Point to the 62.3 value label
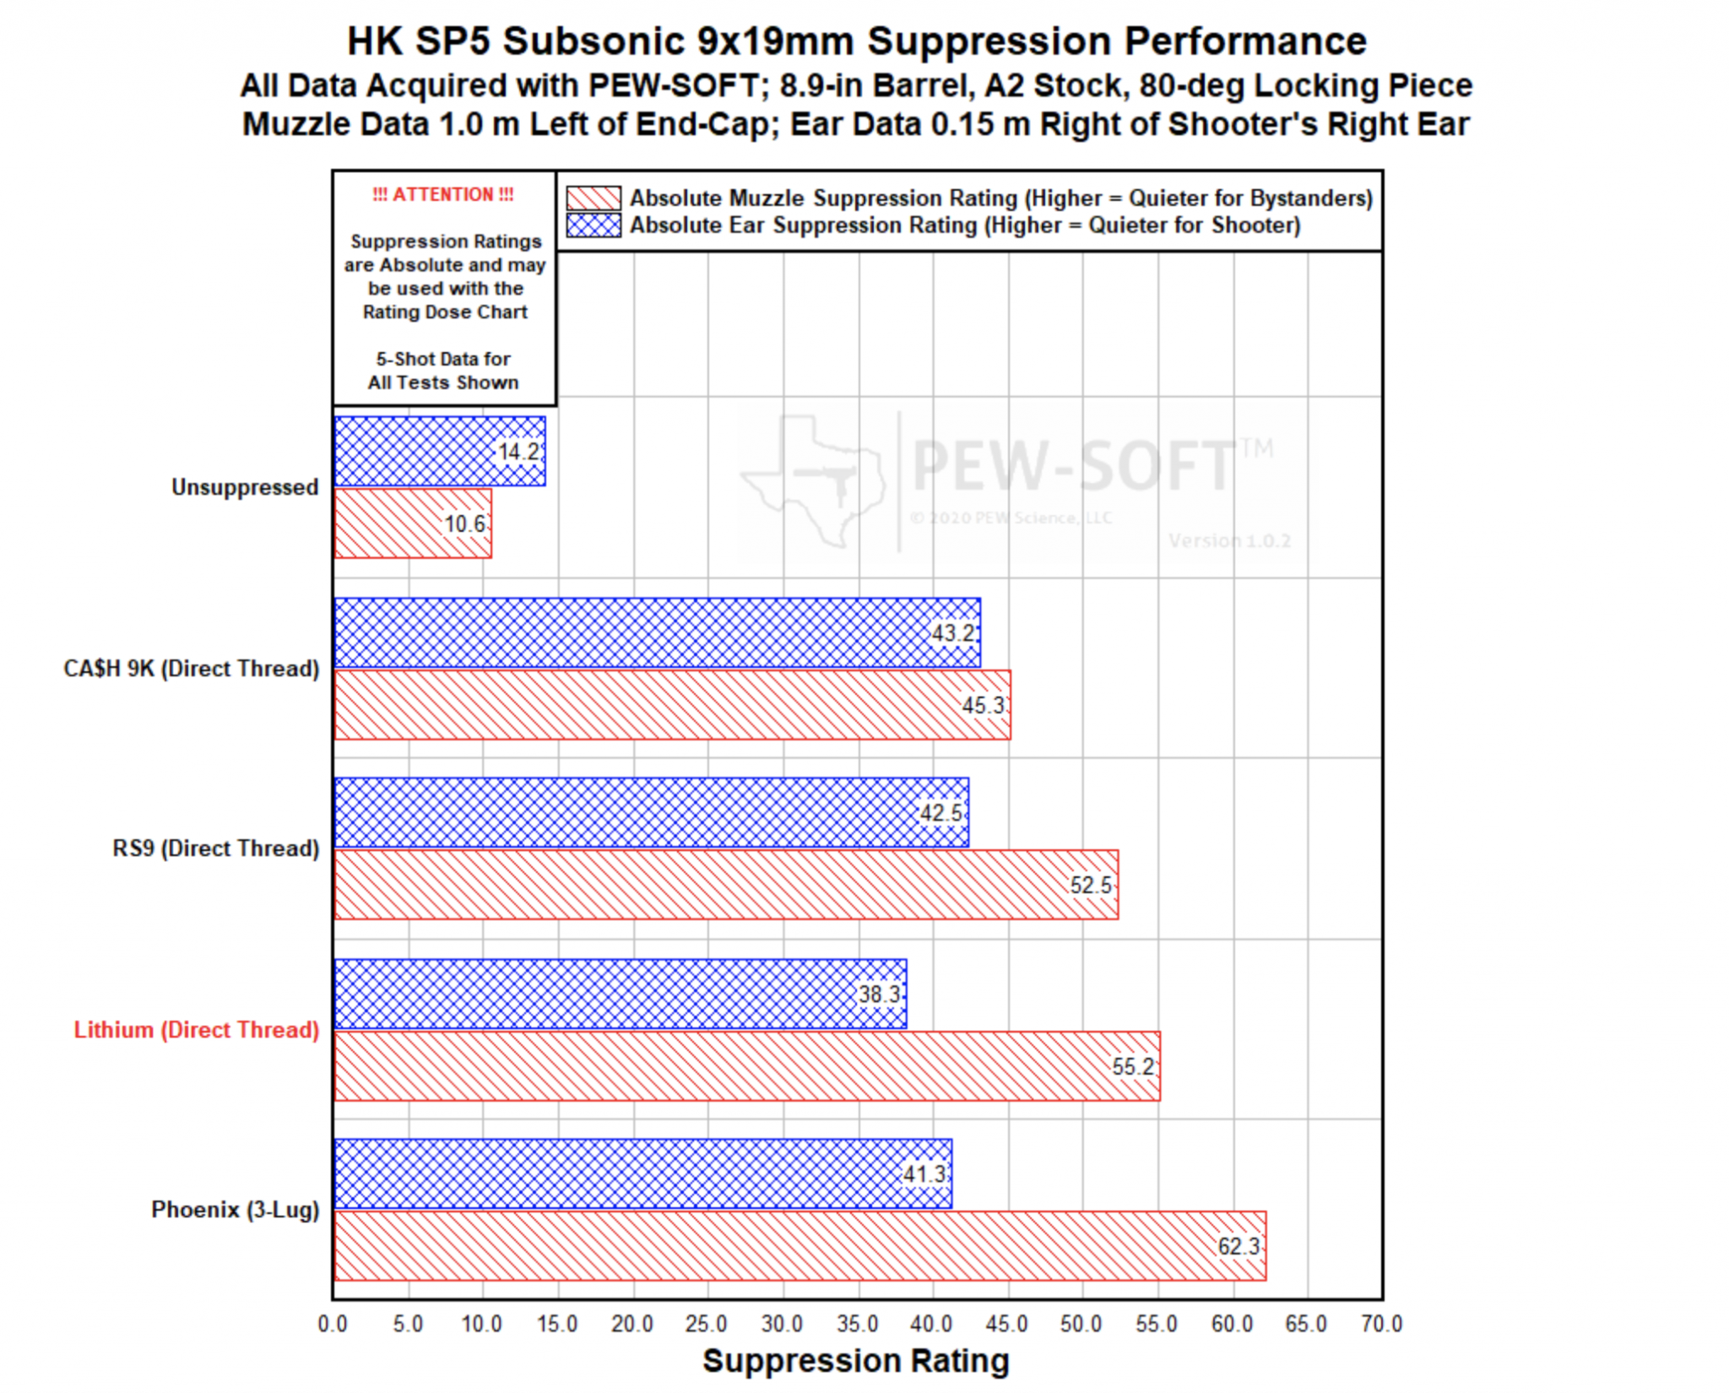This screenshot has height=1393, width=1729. [1238, 1246]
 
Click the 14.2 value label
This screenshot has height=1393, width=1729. [518, 452]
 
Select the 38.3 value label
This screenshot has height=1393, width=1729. [879, 994]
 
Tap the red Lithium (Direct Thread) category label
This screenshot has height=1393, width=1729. [197, 1030]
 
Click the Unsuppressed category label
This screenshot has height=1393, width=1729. [245, 487]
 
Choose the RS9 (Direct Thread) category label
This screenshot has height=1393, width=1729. [216, 848]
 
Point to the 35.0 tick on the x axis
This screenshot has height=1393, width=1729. [858, 1324]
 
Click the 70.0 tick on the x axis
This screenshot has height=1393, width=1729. [1381, 1324]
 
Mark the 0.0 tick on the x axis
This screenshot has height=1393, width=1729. [333, 1324]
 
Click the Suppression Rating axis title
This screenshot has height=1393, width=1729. [856, 1361]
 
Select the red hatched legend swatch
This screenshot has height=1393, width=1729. [593, 198]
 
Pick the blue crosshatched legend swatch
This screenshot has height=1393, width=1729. [593, 225]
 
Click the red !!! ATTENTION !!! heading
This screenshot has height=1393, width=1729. [443, 194]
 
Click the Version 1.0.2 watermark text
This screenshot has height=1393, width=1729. [1229, 540]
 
